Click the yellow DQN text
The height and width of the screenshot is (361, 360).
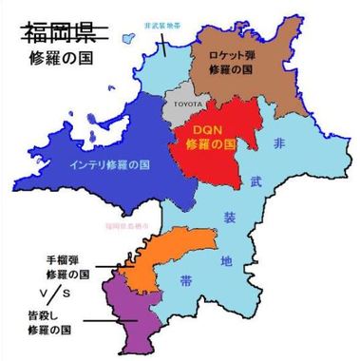[x=206, y=131]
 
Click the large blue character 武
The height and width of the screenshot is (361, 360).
[x=256, y=179]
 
